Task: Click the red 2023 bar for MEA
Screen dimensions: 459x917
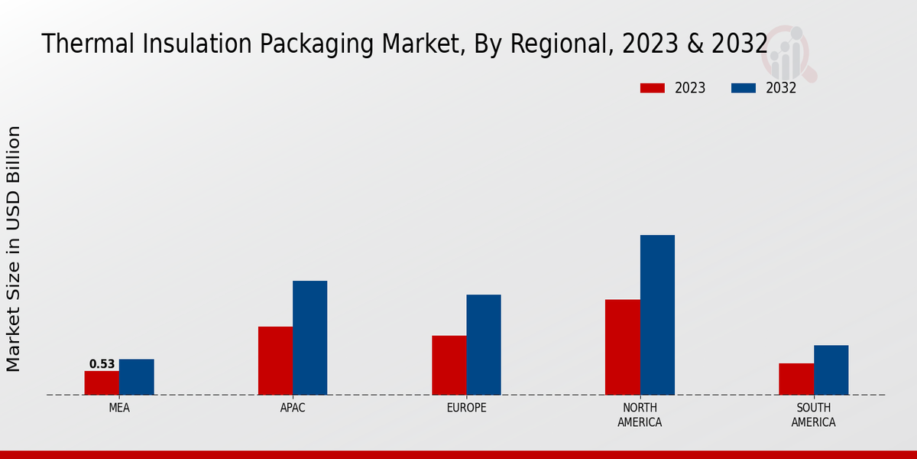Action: coord(102,382)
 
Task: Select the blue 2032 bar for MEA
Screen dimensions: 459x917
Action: coord(136,376)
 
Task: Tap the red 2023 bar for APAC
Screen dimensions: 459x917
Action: coord(275,360)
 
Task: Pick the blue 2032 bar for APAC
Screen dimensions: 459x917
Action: coord(309,337)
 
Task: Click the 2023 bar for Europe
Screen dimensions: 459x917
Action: coord(449,365)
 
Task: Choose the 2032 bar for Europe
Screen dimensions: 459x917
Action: coord(484,344)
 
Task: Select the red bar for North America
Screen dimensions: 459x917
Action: coord(622,347)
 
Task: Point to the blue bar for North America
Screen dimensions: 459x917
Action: coord(657,314)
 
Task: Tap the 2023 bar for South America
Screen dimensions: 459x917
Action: coord(795,379)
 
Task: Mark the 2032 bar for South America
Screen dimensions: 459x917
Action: coord(831,369)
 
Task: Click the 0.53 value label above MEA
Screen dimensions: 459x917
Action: coord(102,364)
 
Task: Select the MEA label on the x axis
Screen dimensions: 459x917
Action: coord(119,408)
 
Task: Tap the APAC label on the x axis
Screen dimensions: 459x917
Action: coord(293,408)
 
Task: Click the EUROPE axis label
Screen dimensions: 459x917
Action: coord(466,408)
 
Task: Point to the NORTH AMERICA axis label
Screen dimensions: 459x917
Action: coord(640,415)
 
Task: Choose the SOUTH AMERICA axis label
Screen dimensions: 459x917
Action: coord(813,415)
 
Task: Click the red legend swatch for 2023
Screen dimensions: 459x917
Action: coord(652,88)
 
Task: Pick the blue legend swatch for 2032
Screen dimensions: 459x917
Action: coord(743,88)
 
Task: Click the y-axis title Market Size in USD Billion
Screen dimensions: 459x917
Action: coord(14,249)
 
